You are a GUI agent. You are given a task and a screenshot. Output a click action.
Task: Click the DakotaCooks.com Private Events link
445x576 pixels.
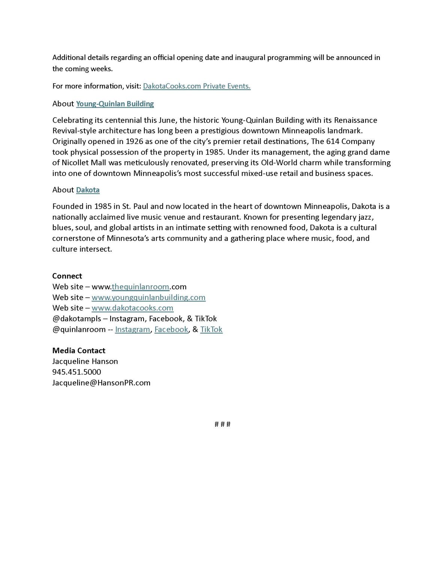point(196,86)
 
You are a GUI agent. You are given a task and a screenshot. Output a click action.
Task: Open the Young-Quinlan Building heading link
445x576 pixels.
point(115,104)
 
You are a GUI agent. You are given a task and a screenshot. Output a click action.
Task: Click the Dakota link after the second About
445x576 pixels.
point(88,190)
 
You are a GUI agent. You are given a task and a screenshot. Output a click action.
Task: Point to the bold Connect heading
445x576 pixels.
point(67,276)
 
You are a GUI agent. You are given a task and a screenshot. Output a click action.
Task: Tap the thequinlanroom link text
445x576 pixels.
point(140,287)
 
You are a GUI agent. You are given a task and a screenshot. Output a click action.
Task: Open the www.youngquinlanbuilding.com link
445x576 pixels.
point(148,297)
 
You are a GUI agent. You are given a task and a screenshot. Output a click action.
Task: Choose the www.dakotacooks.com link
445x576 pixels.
point(132,308)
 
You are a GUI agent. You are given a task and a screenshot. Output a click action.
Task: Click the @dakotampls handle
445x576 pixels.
point(77,319)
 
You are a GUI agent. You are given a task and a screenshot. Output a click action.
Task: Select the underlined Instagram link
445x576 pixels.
point(132,330)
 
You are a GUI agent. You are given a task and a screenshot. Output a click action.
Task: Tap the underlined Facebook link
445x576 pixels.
point(171,330)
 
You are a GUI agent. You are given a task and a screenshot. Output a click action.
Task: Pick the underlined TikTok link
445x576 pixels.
point(211,330)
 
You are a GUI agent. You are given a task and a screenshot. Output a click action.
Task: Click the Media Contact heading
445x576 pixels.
point(79,351)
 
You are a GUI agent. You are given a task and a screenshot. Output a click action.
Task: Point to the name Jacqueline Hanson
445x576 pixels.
point(85,361)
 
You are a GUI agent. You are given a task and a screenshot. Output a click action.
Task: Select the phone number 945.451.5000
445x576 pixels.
point(76,372)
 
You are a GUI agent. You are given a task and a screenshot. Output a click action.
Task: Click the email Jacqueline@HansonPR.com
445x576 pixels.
point(101,383)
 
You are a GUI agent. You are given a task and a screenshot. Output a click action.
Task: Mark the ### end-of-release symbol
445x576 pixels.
point(222,424)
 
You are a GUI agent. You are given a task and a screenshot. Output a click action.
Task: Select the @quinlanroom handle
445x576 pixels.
point(79,330)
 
